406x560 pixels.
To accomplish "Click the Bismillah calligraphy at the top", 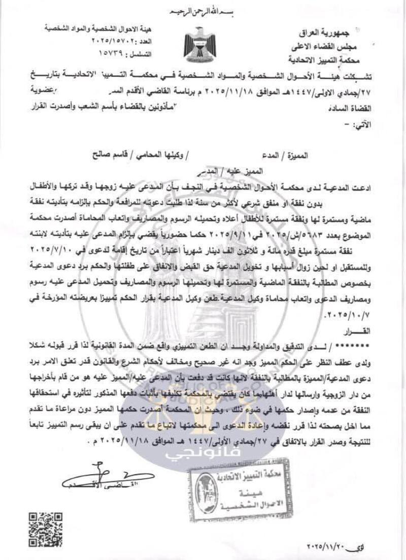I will pos(202,11).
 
